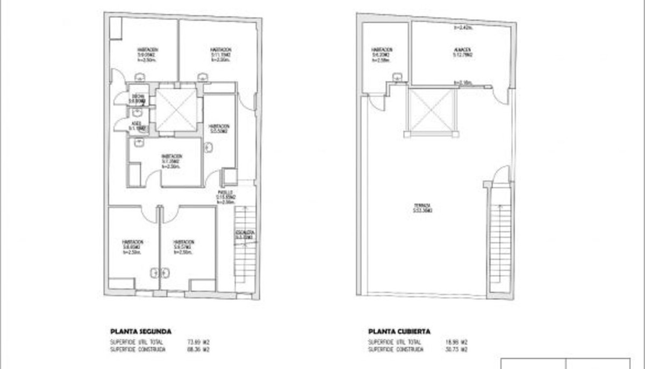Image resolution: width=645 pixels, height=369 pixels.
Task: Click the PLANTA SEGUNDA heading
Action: click(x=141, y=332)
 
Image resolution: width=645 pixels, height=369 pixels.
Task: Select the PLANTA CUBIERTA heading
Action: click(x=399, y=332)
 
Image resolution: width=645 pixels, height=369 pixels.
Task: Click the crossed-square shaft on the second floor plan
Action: click(x=176, y=110)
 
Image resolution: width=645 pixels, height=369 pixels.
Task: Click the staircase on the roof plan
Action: click(x=499, y=242)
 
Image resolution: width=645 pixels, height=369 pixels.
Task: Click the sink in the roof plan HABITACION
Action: click(x=398, y=76)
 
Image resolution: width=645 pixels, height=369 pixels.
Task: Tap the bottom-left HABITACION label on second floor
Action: click(x=132, y=243)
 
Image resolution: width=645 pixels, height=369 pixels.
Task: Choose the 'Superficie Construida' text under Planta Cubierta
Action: click(x=396, y=350)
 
